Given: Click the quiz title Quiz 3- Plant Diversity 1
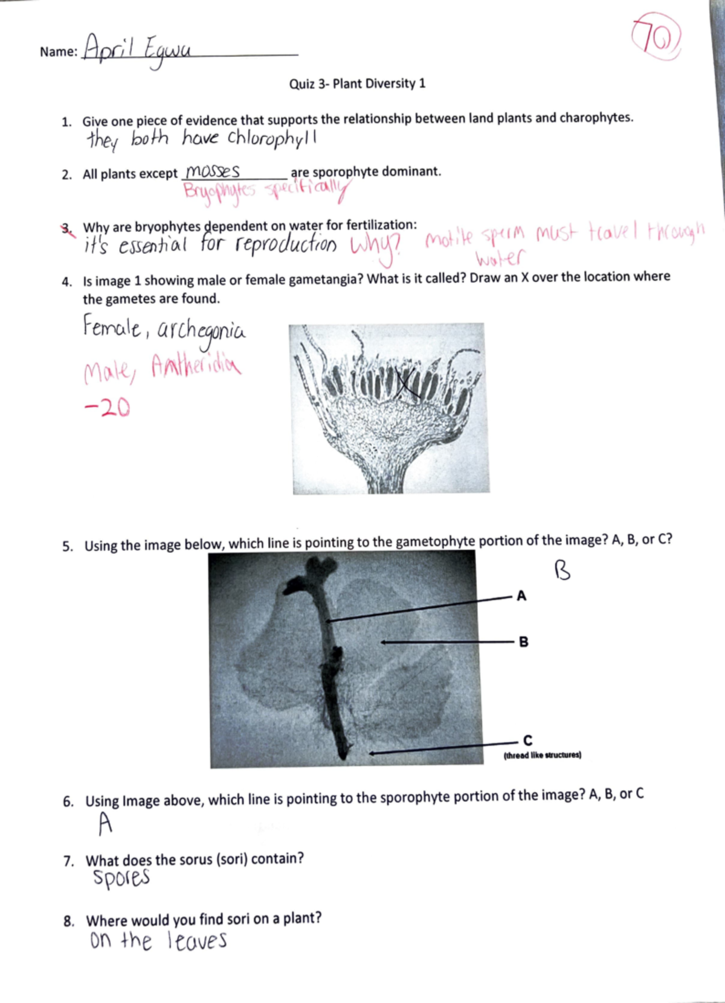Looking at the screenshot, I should pos(357,83).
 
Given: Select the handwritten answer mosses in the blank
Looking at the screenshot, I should pos(213,171).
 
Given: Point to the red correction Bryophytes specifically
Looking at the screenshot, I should pos(266,191).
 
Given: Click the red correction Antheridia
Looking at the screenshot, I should pos(196,365).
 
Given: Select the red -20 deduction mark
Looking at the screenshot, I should pos(106,409).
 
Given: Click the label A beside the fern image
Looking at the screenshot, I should pos(521,596).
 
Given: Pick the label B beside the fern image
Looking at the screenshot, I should pos(523,642).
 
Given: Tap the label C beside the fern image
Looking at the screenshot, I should pos(527,740).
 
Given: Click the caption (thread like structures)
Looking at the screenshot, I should pos(542,755).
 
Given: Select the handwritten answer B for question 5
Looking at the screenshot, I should pos(562,570).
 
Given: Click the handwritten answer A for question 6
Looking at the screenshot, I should pos(106,823).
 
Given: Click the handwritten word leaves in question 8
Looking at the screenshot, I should pos(197,941).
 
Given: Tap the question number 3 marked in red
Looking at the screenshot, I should pos(66,228).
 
